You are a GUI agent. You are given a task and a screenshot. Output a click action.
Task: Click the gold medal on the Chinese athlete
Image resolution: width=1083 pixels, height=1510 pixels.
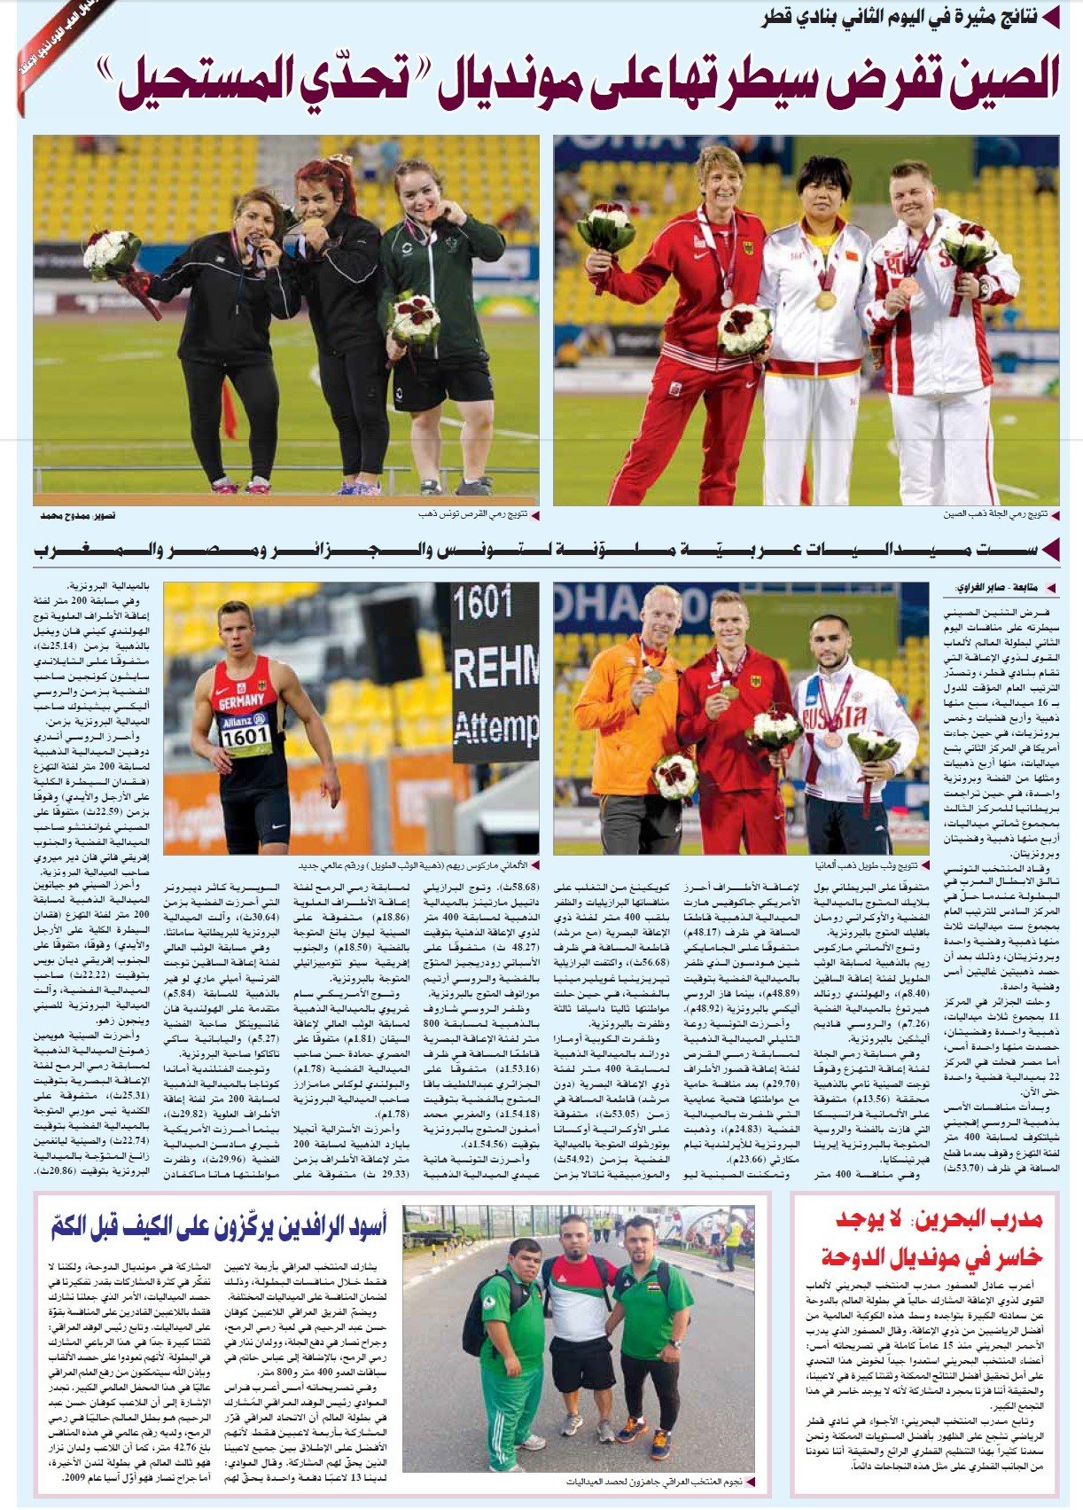825,301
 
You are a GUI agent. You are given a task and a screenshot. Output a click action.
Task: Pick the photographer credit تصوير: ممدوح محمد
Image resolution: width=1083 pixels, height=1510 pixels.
78,516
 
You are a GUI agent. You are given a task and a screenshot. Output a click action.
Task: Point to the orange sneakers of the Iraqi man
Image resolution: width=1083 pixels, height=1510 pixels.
632,1427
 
